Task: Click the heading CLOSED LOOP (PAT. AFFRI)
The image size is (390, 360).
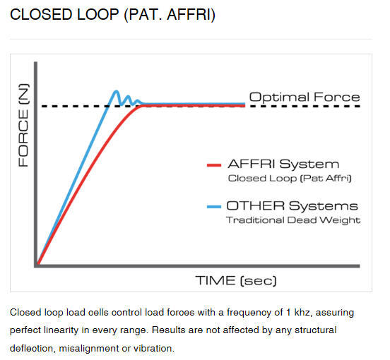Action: pos(112,15)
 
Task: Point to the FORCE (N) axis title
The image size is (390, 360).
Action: pos(24,125)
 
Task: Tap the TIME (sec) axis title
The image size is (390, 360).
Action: pos(236,281)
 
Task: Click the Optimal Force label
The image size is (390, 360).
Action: pos(305,97)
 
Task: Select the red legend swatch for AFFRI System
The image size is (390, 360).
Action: pos(214,165)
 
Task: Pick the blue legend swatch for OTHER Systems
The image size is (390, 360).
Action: pos(214,206)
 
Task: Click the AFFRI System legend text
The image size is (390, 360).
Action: pos(283,164)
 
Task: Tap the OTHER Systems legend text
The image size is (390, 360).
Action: pos(292,206)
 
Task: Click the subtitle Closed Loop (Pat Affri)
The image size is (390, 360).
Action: pos(290,179)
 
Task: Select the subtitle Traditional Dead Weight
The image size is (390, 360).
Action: pos(293,220)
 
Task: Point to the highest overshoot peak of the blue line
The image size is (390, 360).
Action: pos(116,92)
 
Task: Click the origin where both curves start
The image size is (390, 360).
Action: pos(38,263)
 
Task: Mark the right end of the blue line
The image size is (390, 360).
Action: pos(244,104)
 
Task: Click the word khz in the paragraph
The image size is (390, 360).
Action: pos(302,312)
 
